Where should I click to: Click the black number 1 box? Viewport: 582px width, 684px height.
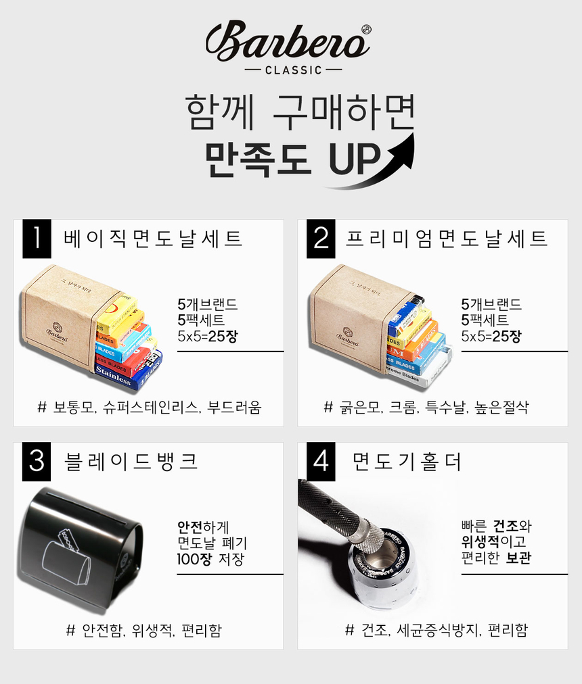click(37, 239)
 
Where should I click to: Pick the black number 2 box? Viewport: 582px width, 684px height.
click(321, 239)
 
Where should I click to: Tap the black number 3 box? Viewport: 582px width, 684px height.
click(37, 462)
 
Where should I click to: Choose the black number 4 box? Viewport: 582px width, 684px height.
click(321, 462)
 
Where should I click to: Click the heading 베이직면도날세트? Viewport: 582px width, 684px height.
click(153, 239)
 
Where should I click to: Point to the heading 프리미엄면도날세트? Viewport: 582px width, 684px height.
click(446, 239)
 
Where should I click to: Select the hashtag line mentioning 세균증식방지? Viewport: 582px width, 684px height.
click(436, 630)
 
